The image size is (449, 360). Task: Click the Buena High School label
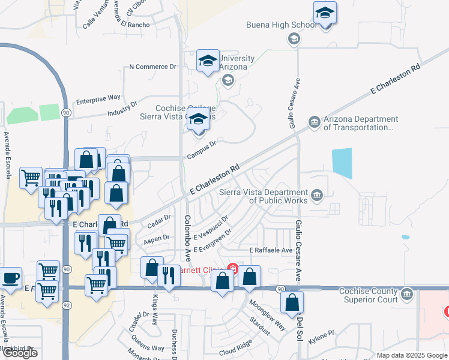[x=281, y=25]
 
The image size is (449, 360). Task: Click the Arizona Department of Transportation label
[x=360, y=124]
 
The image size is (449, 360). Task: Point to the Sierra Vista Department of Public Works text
[x=264, y=196]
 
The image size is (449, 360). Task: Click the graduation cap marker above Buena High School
[x=325, y=13]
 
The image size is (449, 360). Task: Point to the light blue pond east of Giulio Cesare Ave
[x=342, y=162]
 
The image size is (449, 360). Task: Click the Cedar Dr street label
[x=159, y=221]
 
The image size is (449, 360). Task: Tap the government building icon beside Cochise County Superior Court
[x=408, y=295]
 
